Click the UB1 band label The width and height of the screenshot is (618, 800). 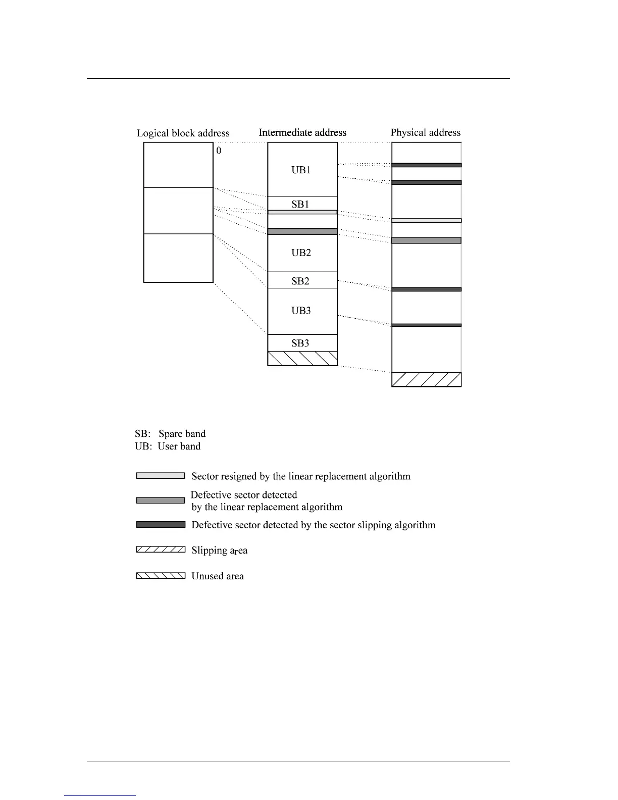(x=301, y=170)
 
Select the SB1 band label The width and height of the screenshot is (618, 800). (x=300, y=204)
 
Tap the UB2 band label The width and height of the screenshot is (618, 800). (x=301, y=253)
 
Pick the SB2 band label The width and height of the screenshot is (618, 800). (x=300, y=281)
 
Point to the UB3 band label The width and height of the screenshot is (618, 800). (x=301, y=311)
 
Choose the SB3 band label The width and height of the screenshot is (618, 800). (x=300, y=343)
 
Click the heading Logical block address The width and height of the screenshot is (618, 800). (x=183, y=133)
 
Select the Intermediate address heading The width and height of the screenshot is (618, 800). (x=302, y=133)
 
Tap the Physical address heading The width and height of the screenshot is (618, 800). (x=426, y=133)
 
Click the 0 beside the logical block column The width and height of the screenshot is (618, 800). (x=219, y=151)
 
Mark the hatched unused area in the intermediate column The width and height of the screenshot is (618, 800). (x=302, y=358)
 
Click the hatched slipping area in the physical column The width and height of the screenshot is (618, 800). (x=426, y=379)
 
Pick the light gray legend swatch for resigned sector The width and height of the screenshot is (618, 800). (x=161, y=476)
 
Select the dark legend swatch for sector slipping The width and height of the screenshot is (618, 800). (x=161, y=525)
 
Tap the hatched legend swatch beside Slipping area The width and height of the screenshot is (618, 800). (x=161, y=549)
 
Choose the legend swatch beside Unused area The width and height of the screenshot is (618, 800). (x=161, y=575)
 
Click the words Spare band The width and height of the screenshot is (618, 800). (x=182, y=434)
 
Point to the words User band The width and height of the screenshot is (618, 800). (x=179, y=446)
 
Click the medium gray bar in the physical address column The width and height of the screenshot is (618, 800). (x=426, y=240)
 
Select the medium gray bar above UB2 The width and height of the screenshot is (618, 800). (x=302, y=231)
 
